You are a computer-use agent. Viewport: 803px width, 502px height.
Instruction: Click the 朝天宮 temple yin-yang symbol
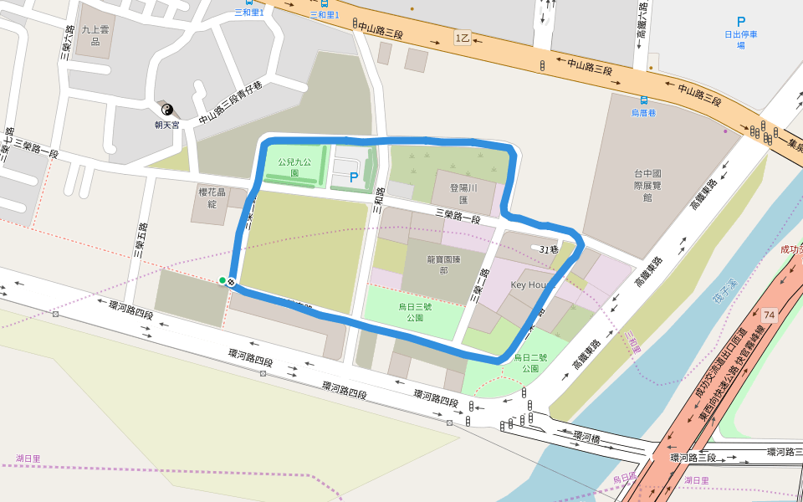pos(166,110)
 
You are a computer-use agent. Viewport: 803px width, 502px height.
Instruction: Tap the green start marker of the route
pos(222,280)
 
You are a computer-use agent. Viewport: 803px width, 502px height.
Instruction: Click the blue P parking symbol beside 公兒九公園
pos(354,177)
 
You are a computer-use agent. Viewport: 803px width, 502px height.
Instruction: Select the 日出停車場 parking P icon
pos(740,22)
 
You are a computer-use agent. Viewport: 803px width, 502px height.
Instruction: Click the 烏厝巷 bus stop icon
pos(643,100)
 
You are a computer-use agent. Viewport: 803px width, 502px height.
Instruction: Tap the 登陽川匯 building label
pos(463,194)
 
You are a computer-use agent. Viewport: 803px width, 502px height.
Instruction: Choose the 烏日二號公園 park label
pos(530,362)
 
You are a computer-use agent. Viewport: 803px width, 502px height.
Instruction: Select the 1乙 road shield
pos(463,38)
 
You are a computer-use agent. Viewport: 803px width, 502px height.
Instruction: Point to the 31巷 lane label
pos(549,249)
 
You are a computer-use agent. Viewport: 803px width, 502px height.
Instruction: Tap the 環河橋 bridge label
pos(587,437)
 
